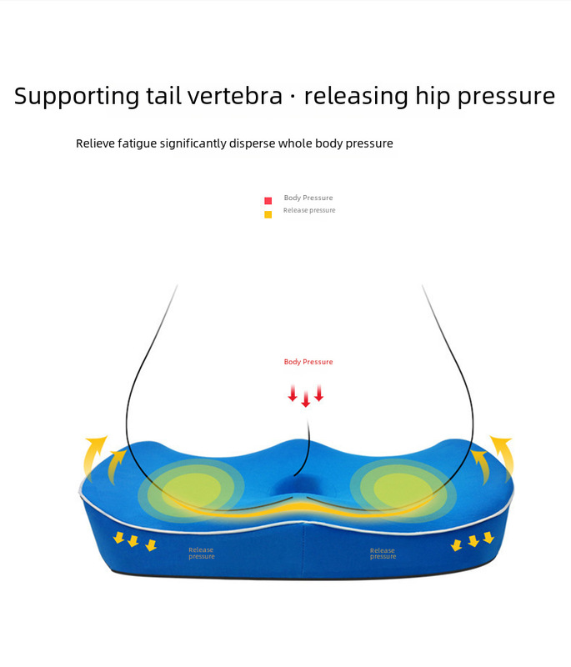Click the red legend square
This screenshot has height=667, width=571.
tap(268, 201)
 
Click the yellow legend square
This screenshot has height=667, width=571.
tap(268, 214)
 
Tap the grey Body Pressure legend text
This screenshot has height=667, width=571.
tap(308, 198)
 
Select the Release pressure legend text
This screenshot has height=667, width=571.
tap(309, 210)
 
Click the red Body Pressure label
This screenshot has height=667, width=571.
tap(308, 362)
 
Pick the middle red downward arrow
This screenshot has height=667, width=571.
tap(306, 399)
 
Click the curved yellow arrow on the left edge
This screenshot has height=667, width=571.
tap(94, 451)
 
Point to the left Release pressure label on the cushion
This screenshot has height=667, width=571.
tap(201, 553)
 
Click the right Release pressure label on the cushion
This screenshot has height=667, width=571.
tap(383, 554)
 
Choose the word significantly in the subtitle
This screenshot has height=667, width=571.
tap(205, 143)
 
